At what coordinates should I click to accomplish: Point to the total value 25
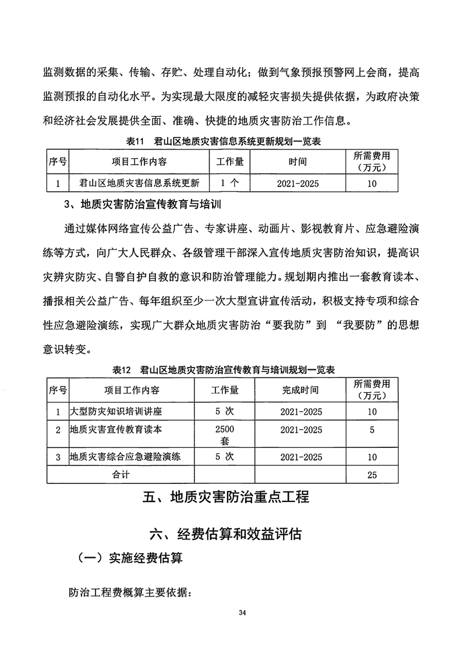pos(372,475)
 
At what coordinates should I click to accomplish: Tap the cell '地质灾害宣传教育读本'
pos(116,430)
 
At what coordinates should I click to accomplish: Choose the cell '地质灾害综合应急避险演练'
pos(125,457)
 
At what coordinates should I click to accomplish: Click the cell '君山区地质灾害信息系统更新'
pos(139,183)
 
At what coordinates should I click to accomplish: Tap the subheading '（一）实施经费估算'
pos(130,558)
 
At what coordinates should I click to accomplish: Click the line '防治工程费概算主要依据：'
pos(130,593)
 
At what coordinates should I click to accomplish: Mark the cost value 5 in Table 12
pos(372,430)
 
